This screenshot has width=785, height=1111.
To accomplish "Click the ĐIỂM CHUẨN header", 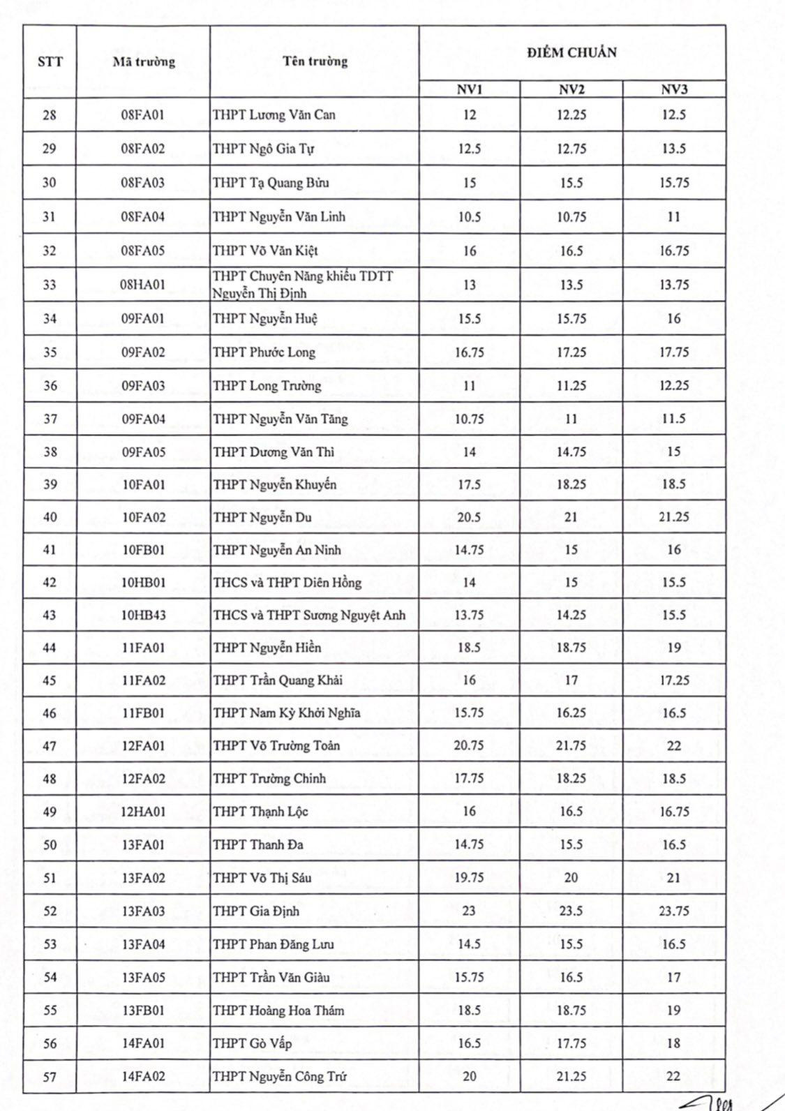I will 571,52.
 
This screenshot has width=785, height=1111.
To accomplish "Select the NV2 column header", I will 571,89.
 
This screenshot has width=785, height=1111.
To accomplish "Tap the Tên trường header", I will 315,61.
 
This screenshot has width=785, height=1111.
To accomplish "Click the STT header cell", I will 50,61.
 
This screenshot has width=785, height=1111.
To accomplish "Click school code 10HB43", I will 143,615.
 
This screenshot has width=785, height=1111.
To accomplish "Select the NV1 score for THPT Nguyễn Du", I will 469,517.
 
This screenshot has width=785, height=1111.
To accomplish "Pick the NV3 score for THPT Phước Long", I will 674,352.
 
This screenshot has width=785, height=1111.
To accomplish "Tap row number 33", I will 50,285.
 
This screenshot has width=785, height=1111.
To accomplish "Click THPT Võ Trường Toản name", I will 276,745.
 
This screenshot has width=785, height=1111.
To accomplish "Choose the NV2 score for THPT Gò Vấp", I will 571,1043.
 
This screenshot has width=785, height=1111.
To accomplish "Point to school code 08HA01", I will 143,285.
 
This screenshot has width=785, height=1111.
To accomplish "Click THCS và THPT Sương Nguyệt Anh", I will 309,615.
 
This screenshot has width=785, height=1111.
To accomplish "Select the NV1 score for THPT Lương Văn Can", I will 469,114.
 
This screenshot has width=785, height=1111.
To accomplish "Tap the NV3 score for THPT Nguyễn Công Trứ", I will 673,1076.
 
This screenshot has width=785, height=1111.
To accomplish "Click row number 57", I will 50,1077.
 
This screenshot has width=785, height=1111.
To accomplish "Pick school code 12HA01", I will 143,812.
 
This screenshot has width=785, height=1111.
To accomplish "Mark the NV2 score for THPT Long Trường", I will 571,386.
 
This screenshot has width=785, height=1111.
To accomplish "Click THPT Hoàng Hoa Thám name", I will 278,1011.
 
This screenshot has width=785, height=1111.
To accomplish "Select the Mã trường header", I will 143,61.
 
